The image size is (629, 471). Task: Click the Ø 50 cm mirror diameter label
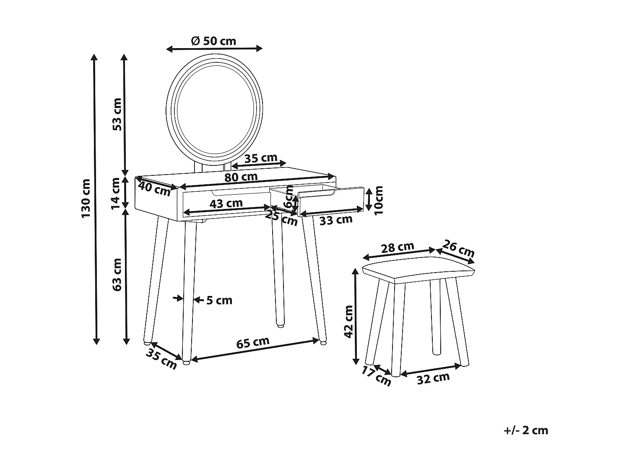[213, 41]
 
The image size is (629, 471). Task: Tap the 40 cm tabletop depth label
[154, 189]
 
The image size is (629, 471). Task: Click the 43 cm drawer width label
[226, 204]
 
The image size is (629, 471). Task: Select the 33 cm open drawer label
[335, 219]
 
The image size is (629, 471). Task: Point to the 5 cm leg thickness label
[219, 300]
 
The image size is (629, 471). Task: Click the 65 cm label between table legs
[252, 342]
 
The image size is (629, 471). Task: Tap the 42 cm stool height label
[348, 321]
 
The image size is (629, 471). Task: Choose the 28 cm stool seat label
[397, 247]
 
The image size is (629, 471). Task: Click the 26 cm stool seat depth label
[458, 249]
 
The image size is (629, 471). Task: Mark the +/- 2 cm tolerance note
[526, 430]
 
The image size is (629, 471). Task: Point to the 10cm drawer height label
[379, 200]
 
